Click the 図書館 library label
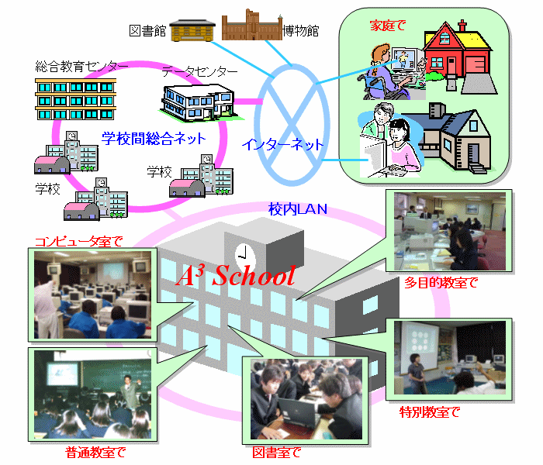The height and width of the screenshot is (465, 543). (x=147, y=31)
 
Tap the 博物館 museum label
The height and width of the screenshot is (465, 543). (x=301, y=31)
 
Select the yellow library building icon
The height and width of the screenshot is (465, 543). (x=192, y=30)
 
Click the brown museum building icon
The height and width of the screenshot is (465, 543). (x=252, y=25)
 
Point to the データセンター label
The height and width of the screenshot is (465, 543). (x=200, y=71)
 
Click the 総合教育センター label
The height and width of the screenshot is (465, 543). (x=81, y=67)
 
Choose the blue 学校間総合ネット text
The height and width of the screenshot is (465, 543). (x=154, y=139)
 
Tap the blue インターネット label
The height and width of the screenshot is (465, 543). (x=282, y=144)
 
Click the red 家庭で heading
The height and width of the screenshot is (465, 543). (x=388, y=26)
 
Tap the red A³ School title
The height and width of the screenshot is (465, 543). (x=236, y=276)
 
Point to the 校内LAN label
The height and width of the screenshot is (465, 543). (x=298, y=209)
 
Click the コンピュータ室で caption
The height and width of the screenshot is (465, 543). (x=78, y=241)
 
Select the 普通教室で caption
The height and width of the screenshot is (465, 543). (x=95, y=453)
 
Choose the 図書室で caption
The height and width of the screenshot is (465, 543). (x=277, y=453)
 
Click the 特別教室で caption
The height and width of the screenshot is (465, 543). (x=430, y=412)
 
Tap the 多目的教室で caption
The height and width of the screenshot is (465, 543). (x=441, y=283)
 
